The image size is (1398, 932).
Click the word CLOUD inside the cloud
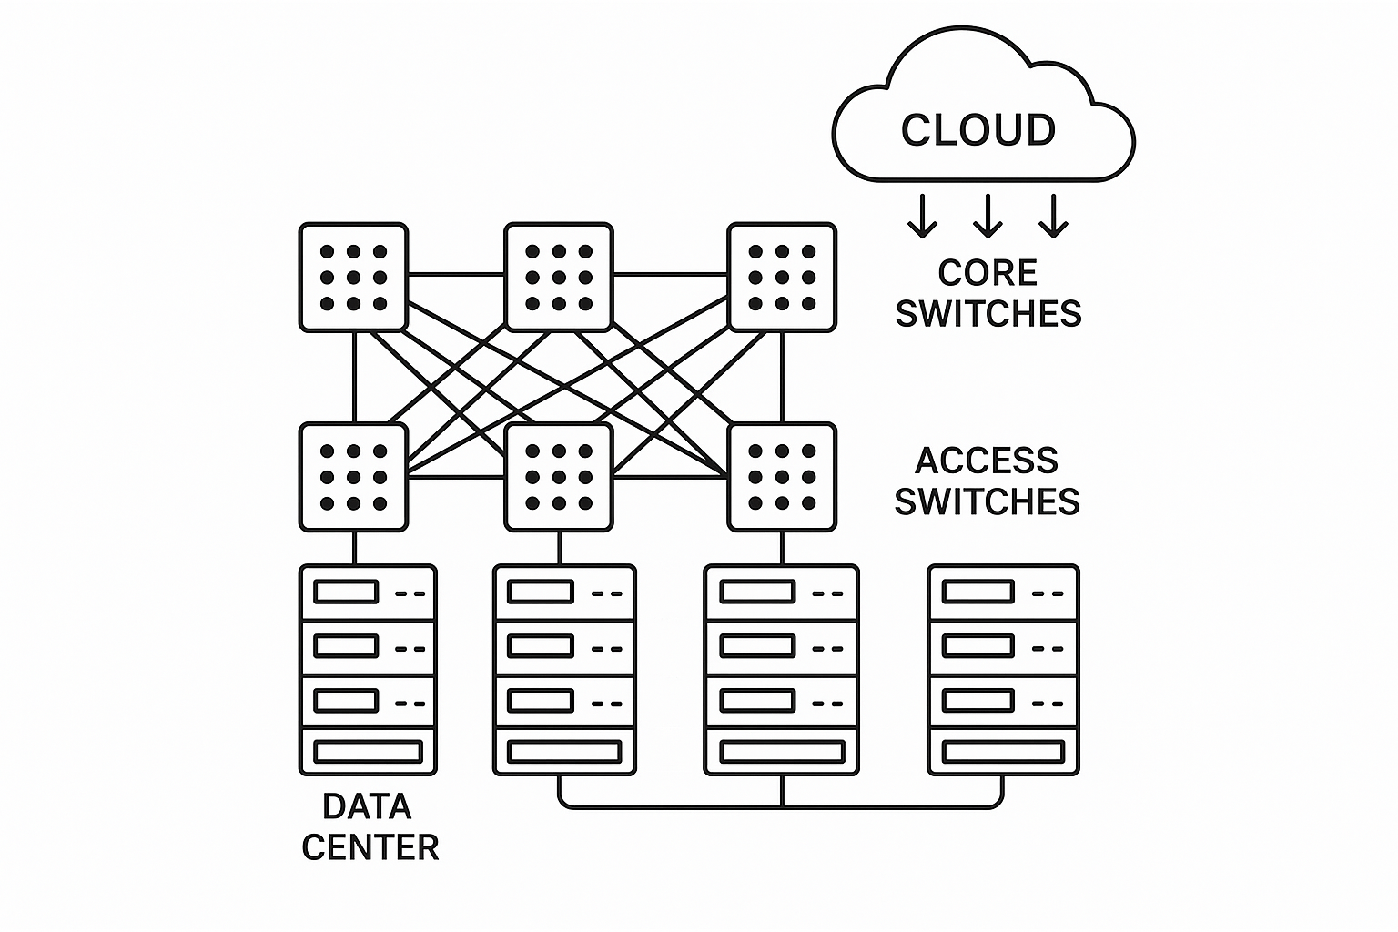pyautogui.click(x=978, y=130)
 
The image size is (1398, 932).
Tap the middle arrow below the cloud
pyautogui.click(x=988, y=216)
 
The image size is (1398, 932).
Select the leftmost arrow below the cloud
pyautogui.click(x=922, y=216)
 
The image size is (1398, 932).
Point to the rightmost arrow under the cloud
pyautogui.click(x=1053, y=216)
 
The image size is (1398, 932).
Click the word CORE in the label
pyautogui.click(x=988, y=273)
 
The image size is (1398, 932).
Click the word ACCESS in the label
pyautogui.click(x=987, y=461)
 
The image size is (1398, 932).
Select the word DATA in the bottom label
pyautogui.click(x=368, y=806)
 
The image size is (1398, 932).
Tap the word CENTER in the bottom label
pyautogui.click(x=370, y=847)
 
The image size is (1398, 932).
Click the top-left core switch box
pyautogui.click(x=353, y=278)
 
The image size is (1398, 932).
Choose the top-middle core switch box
pyautogui.click(x=559, y=278)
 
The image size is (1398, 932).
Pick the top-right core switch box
pyautogui.click(x=782, y=278)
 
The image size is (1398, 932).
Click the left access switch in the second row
pyautogui.click(x=353, y=477)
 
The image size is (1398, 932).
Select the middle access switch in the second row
pyautogui.click(x=559, y=477)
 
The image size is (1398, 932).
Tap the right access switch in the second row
pyautogui.click(x=782, y=477)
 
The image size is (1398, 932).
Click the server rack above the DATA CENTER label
pyautogui.click(x=368, y=670)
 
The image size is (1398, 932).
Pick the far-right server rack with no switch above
pyautogui.click(x=1003, y=670)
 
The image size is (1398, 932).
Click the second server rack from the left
pyautogui.click(x=564, y=670)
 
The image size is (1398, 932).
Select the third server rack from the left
pyautogui.click(x=782, y=670)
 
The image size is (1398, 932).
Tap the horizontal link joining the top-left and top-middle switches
pyautogui.click(x=456, y=274)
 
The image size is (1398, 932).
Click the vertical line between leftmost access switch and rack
pyautogui.click(x=354, y=548)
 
